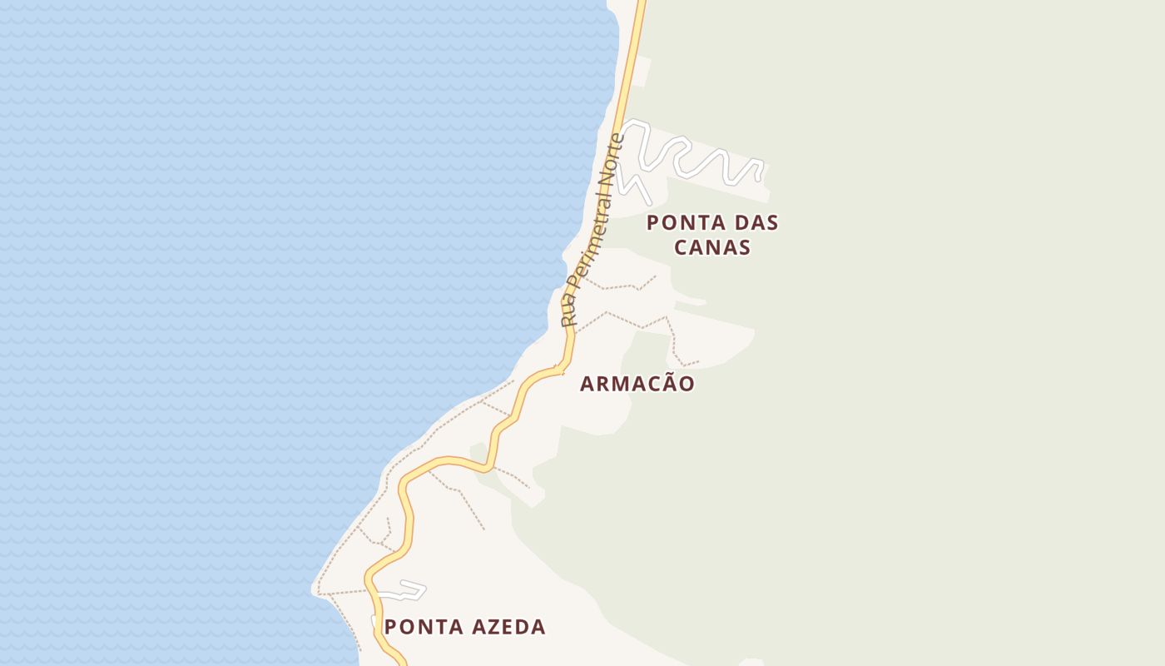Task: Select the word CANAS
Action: click(x=712, y=247)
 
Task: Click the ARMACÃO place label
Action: click(x=637, y=384)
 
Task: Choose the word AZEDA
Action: click(x=507, y=627)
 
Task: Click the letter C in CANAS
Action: click(x=682, y=247)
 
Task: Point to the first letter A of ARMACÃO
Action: click(x=587, y=384)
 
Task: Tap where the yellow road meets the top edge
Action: click(x=642, y=2)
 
